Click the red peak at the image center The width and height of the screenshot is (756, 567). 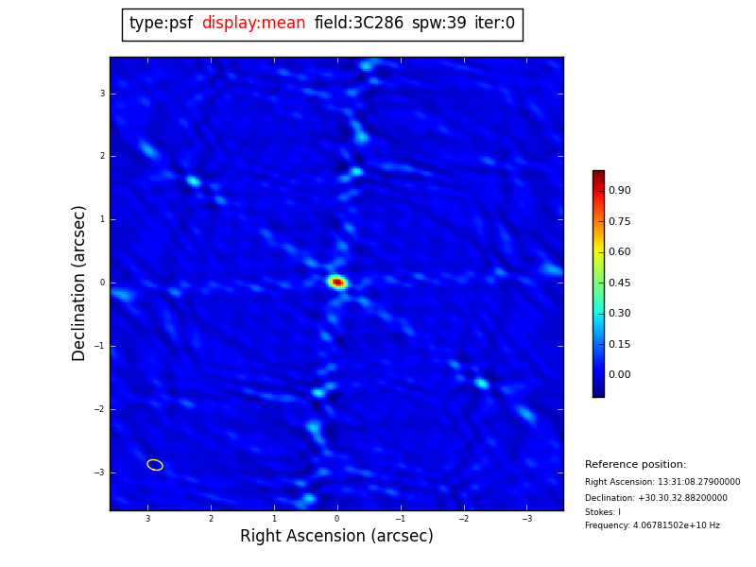[x=337, y=282]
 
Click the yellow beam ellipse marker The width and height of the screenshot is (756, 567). [x=155, y=465]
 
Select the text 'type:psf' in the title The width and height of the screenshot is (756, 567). [x=161, y=24]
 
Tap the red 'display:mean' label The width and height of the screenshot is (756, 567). [x=253, y=24]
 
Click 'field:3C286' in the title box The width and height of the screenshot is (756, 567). [x=358, y=24]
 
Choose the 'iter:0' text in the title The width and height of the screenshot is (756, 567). [x=494, y=24]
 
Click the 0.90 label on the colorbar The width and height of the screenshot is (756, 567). [x=619, y=191]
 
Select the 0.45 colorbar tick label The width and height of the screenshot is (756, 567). [x=619, y=283]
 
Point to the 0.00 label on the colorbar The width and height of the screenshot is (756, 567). [x=619, y=375]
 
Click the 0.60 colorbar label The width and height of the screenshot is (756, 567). [x=619, y=252]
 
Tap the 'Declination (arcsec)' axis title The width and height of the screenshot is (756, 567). [x=79, y=283]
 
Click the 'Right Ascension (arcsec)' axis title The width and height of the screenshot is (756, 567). [x=336, y=537]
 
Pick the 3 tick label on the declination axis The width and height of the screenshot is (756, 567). [x=102, y=94]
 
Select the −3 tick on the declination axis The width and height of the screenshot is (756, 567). [x=100, y=472]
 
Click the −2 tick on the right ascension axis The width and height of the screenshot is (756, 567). [x=463, y=519]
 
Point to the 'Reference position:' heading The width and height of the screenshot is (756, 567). [x=635, y=465]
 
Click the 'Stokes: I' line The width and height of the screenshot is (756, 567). [x=603, y=512]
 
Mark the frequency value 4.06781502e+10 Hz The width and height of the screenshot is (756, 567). [x=675, y=525]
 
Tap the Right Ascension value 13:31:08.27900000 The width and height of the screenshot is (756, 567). [x=698, y=482]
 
